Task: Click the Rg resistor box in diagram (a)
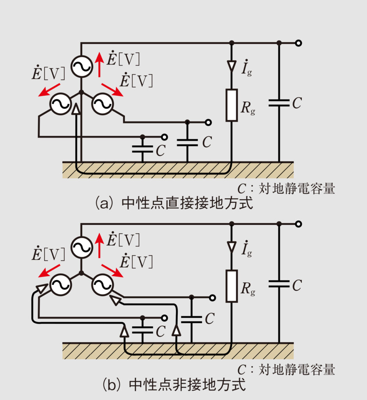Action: tap(232, 105)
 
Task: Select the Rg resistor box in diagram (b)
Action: tap(232, 286)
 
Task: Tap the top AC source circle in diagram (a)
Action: tap(82, 67)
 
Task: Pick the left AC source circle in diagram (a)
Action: tap(60, 104)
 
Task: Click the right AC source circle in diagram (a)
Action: tap(102, 104)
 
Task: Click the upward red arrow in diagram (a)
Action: tap(99, 64)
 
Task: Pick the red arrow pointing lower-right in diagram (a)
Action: tap(112, 89)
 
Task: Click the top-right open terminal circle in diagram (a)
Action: tap(298, 43)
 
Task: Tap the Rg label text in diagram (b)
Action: tap(248, 289)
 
